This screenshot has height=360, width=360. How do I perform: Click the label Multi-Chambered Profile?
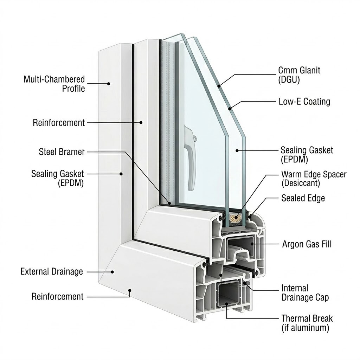(x=54, y=84)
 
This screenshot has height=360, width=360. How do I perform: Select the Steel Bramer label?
(x=62, y=152)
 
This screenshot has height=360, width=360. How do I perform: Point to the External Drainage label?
(x=52, y=271)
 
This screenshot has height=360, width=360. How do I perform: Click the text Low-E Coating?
(x=304, y=102)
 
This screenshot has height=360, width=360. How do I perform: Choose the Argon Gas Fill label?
(x=307, y=244)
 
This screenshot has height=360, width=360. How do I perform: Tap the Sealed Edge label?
(x=303, y=198)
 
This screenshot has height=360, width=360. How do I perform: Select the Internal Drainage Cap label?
(x=305, y=293)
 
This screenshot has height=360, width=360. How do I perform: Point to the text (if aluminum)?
(x=305, y=328)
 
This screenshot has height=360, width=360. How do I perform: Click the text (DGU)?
(x=289, y=80)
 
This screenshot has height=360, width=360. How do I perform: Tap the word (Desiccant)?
(x=301, y=183)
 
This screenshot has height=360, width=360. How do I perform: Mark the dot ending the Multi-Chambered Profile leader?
(x=109, y=84)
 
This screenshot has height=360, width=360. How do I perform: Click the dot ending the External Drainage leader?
(x=113, y=271)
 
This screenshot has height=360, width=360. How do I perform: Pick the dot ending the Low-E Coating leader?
(x=230, y=108)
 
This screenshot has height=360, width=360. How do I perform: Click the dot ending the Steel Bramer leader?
(x=169, y=203)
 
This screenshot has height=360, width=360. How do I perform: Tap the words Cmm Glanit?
(x=299, y=70)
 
